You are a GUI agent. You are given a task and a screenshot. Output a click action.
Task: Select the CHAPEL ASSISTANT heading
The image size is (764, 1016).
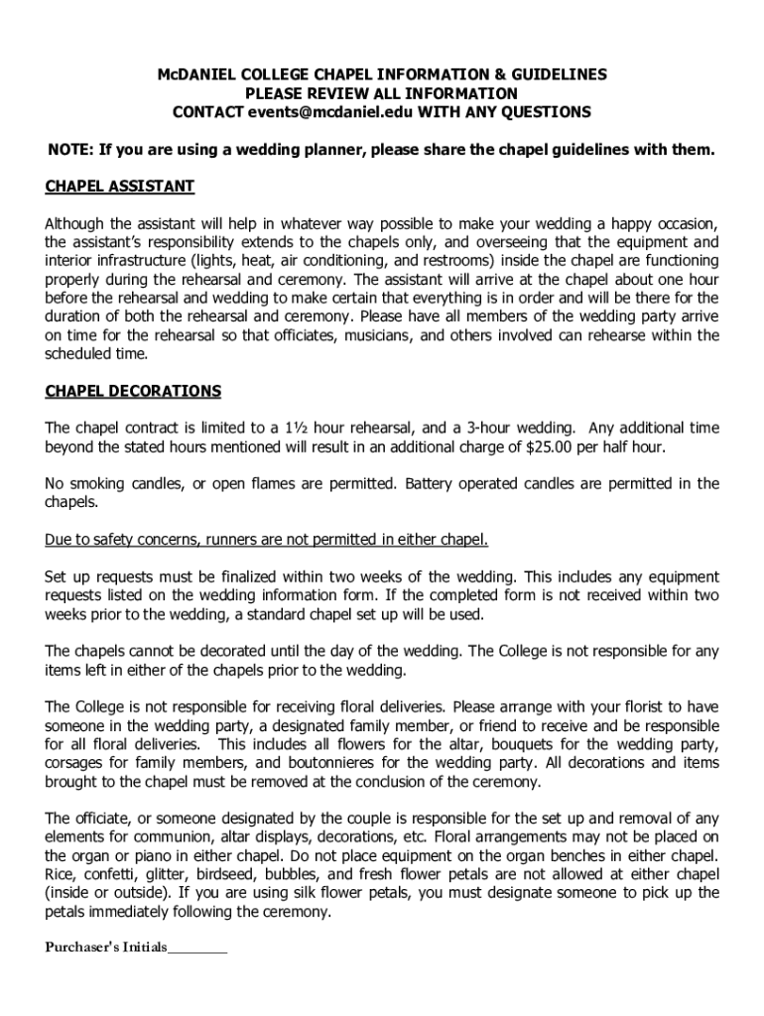point(120,187)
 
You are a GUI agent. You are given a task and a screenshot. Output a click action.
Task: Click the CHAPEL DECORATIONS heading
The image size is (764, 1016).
point(134,391)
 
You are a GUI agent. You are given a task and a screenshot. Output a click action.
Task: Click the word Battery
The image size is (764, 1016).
point(433,484)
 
